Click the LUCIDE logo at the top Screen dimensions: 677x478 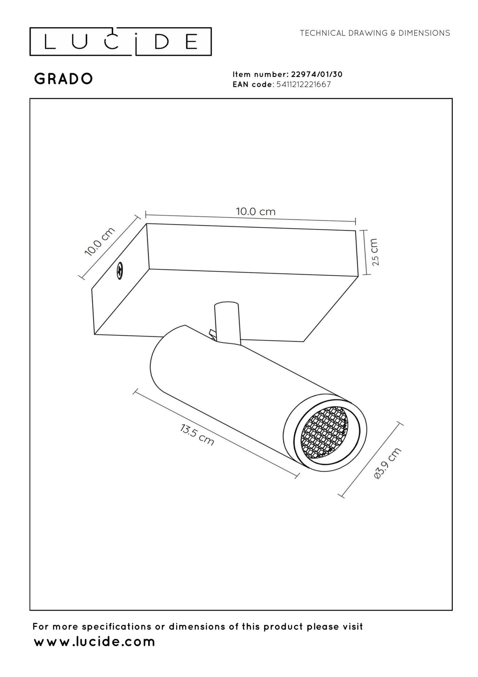click(120, 42)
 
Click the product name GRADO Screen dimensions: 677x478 click(64, 79)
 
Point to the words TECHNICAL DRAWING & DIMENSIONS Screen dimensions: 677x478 click(375, 33)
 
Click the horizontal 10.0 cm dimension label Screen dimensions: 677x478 click(255, 211)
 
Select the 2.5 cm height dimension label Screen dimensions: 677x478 click(374, 252)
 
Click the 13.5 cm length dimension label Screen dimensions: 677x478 click(197, 434)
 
